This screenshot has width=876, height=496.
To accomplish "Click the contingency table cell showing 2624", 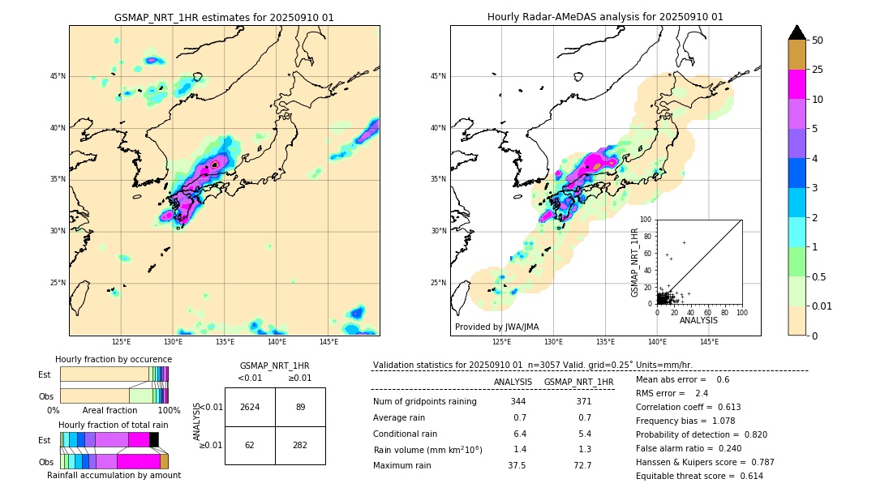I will tap(250, 407).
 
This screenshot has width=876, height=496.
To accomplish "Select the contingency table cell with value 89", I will tap(300, 407).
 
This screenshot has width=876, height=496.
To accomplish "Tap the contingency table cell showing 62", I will tap(250, 445).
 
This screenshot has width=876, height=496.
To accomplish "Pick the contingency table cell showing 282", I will tap(300, 445).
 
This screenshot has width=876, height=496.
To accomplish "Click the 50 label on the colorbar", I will tap(818, 40).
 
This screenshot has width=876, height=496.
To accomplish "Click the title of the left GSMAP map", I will tap(224, 17).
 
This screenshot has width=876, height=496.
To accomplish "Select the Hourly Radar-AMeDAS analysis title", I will tap(605, 17).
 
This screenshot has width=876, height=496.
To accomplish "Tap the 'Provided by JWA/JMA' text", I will tap(496, 327).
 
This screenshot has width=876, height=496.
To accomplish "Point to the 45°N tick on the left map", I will tap(58, 76).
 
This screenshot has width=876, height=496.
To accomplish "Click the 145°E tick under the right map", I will tap(709, 342).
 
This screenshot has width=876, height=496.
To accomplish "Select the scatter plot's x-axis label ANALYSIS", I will tap(698, 320).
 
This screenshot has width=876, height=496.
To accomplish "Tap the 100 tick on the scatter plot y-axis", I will tap(647, 220).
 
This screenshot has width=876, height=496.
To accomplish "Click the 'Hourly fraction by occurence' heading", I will tap(113, 359).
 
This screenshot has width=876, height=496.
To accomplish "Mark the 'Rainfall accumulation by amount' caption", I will tap(114, 475).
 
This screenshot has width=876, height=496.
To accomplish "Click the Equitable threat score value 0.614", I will tap(746, 476).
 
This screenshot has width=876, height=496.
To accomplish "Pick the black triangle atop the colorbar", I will tap(797, 32).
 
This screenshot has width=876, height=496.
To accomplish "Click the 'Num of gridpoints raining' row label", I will tap(424, 402).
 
